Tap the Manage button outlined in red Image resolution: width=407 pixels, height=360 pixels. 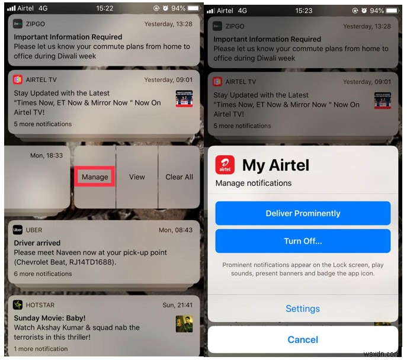95,176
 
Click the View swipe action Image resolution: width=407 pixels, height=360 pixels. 137,176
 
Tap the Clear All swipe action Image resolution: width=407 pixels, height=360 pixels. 179,176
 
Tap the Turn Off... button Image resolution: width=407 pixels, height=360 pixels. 303,241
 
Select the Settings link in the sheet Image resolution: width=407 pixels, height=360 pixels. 303,308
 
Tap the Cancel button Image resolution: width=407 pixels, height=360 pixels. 303,340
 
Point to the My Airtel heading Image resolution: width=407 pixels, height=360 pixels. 276,165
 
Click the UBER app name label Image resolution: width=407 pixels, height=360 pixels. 34,230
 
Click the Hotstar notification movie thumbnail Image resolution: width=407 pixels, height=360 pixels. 184,324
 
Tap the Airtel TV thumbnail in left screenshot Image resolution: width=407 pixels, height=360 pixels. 184,98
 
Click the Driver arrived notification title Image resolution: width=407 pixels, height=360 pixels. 37,243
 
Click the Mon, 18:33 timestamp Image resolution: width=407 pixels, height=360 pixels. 46,155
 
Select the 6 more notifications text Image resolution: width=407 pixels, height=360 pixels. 43,274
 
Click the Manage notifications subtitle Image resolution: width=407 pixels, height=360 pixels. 254,184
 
